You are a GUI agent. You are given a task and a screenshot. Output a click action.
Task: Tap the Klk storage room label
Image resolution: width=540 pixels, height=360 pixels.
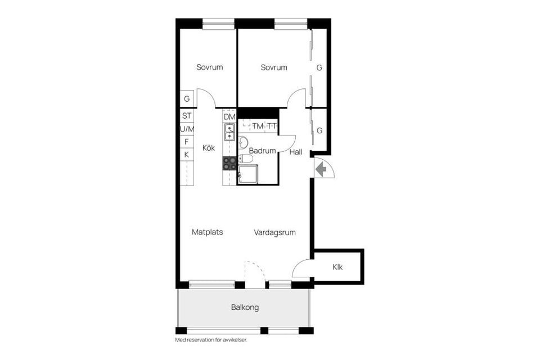click(337, 267)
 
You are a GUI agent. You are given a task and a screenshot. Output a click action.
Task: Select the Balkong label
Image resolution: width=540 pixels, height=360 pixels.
click(245, 308)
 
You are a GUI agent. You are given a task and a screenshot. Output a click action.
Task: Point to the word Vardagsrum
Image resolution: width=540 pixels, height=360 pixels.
click(274, 232)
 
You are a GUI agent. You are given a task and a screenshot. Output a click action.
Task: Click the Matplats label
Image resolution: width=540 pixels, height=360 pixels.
click(207, 232)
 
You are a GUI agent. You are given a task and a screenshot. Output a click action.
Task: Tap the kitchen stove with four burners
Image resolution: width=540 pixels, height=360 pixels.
click(229, 163)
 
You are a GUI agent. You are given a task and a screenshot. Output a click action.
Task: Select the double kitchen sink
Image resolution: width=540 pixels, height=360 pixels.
click(229, 133)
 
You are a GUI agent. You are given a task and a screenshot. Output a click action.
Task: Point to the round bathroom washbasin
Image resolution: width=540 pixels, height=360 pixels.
click(243, 141)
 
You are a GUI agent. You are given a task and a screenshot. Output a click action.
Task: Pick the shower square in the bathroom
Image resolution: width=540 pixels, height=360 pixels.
click(248, 174)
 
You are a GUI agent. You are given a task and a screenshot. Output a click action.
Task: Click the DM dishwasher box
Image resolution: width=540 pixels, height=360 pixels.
click(229, 116)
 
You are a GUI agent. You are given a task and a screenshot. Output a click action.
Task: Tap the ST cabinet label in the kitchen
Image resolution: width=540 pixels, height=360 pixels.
click(187, 116)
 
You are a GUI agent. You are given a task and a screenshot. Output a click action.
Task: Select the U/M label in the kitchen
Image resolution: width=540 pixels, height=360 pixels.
click(187, 129)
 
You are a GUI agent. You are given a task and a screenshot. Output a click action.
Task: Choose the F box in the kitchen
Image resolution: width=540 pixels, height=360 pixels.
click(187, 142)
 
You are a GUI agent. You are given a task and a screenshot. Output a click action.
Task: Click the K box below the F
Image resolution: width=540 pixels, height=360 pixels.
click(187, 154)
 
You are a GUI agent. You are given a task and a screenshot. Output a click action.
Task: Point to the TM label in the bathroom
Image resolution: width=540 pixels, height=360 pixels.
click(258, 126)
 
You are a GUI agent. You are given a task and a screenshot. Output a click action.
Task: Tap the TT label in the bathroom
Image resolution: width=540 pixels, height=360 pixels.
click(272, 126)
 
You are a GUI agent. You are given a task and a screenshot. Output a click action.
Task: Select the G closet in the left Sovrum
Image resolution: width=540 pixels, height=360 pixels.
click(187, 99)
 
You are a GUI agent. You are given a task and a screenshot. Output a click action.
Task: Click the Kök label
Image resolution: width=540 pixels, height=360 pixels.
click(209, 148)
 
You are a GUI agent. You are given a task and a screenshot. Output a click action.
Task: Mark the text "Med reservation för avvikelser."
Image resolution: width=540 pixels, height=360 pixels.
click(211, 340)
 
